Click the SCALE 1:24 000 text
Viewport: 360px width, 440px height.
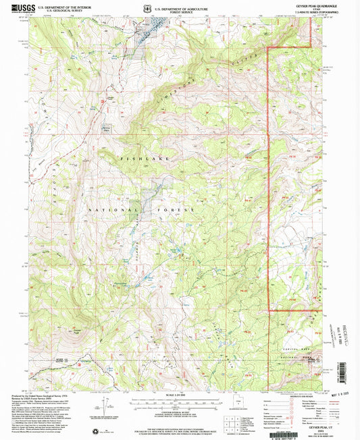(x=180, y=395)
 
